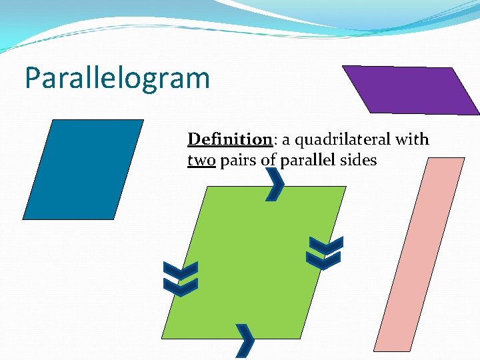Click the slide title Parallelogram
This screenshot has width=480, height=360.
117,79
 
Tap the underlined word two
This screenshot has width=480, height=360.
201,160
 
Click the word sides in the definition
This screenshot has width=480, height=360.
360,160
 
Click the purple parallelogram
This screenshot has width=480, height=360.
409,89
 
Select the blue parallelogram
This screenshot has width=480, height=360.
83,169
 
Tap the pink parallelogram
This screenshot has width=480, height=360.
419,254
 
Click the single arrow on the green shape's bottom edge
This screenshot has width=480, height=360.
245,340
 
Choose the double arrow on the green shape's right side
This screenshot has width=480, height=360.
324,253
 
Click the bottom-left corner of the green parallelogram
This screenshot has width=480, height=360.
162,338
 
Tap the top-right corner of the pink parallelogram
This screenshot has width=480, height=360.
465,158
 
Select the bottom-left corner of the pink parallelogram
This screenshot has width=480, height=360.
374,351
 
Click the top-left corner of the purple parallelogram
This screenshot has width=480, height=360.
343,65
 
